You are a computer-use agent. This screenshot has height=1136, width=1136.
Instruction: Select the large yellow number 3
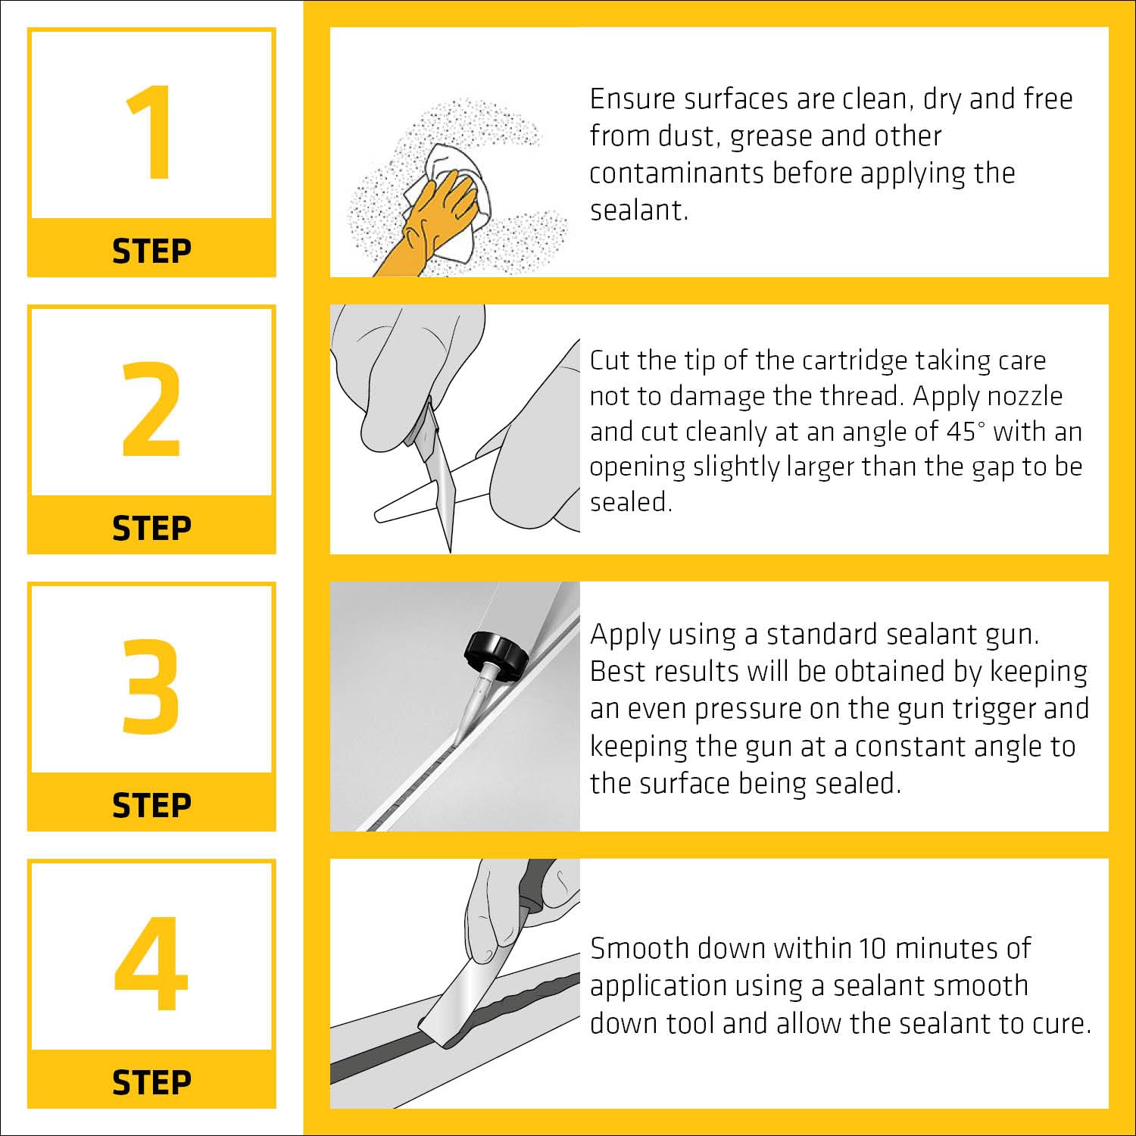(151, 686)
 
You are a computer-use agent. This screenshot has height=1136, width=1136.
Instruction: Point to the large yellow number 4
(151, 963)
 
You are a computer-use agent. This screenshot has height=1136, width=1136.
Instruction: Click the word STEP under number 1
(151, 251)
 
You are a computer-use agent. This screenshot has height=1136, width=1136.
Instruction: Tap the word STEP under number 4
(151, 1083)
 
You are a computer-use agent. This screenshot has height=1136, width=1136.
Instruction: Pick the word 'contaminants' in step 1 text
(676, 173)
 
